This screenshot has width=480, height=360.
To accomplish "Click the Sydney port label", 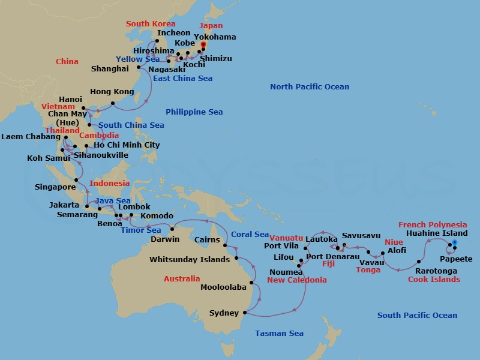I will pos(224,313).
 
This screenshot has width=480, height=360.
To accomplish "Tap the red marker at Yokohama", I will pos(203,45).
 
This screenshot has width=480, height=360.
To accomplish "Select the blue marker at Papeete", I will pos(454,243).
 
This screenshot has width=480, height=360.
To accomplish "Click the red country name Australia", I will pos(182,279).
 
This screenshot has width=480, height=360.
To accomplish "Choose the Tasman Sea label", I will pos(279,334).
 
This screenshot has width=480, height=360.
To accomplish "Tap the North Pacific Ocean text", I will pos(309,87).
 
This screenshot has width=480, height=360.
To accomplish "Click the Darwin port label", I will pos(165,239).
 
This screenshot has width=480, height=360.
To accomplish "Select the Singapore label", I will pos(55,187).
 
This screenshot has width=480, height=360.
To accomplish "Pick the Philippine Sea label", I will pos(194,112).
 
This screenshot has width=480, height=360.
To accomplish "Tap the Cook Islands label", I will pos(434,280).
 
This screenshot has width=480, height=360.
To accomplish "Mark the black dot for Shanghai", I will pos(139,68).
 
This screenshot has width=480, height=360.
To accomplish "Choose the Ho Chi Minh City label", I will pos(127,145).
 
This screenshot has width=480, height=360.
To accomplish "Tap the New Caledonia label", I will pos(297,280).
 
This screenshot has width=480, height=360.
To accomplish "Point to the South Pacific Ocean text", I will pos(417,316).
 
